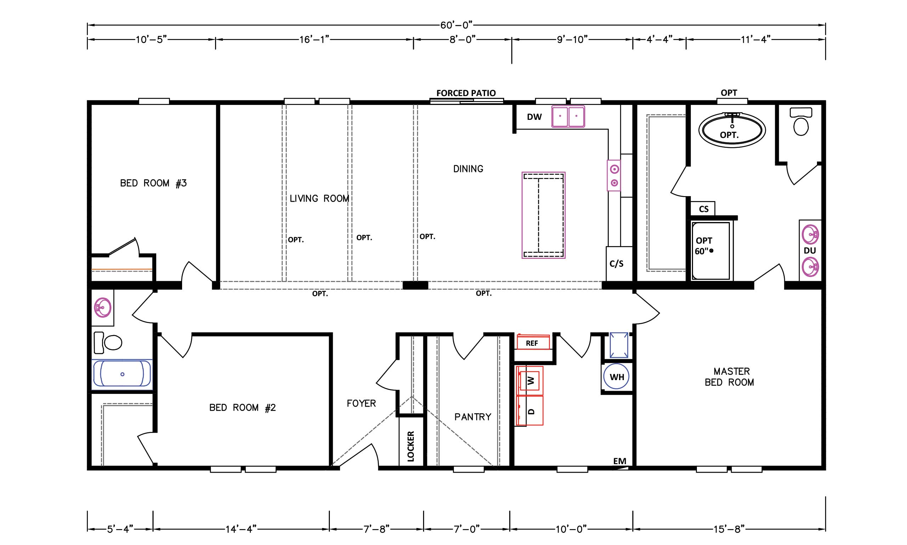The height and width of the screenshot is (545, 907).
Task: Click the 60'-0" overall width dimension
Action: pos(456,25)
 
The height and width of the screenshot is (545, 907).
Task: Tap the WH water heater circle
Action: pos(616,377)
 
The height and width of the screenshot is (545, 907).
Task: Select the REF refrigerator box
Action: pos(533,342)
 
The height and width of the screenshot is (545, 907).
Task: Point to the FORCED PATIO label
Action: pos(466,93)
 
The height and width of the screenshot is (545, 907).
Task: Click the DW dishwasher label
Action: pos(534,117)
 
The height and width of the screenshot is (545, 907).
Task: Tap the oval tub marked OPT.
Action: pos(732,130)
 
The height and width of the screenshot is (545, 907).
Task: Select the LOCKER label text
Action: pos(411,446)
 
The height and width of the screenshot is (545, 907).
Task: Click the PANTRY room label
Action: pos(473,417)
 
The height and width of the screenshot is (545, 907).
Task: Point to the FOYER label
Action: pos(361,403)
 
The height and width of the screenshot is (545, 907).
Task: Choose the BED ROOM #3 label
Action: pos(153,183)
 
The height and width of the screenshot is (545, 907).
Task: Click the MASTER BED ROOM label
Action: pos(729,377)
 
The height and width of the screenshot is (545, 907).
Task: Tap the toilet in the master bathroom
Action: pos(801,121)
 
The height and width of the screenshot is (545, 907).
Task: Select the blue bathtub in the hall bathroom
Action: pos(122,374)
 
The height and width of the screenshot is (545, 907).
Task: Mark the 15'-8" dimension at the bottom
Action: pos(729,529)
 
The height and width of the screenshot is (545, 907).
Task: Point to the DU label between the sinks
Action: pos(810,250)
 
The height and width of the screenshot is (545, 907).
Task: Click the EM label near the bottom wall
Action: pos(620,461)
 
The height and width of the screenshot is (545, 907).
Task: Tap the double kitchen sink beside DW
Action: pos(568,116)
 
